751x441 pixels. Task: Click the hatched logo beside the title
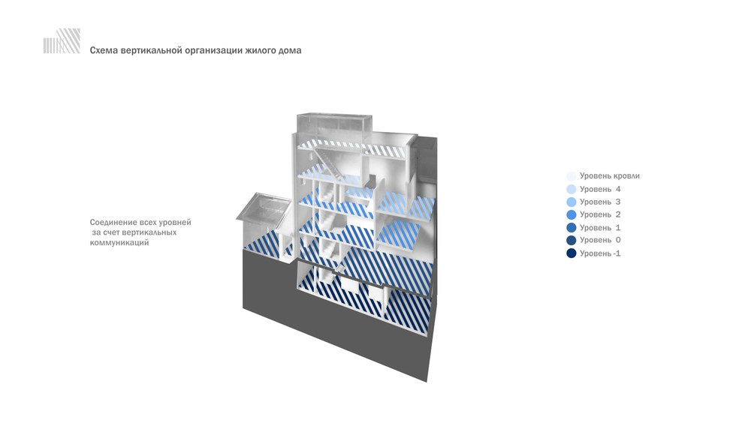[62, 40]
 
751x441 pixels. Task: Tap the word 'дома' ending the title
[290, 51]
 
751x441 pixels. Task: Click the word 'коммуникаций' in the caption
[119, 242]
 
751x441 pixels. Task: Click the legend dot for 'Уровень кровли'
[572, 176]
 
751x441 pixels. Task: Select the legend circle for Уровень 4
[572, 189]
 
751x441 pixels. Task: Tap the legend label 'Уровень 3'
[600, 202]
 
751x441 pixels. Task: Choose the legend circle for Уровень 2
[572, 214]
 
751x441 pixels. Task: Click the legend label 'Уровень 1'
[600, 228]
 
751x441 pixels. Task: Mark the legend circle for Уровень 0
[572, 240]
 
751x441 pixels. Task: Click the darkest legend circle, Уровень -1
[572, 253]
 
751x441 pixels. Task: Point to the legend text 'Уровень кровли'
[610, 176]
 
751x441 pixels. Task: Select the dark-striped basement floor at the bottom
[364, 301]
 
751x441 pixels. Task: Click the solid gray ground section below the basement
[335, 325]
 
